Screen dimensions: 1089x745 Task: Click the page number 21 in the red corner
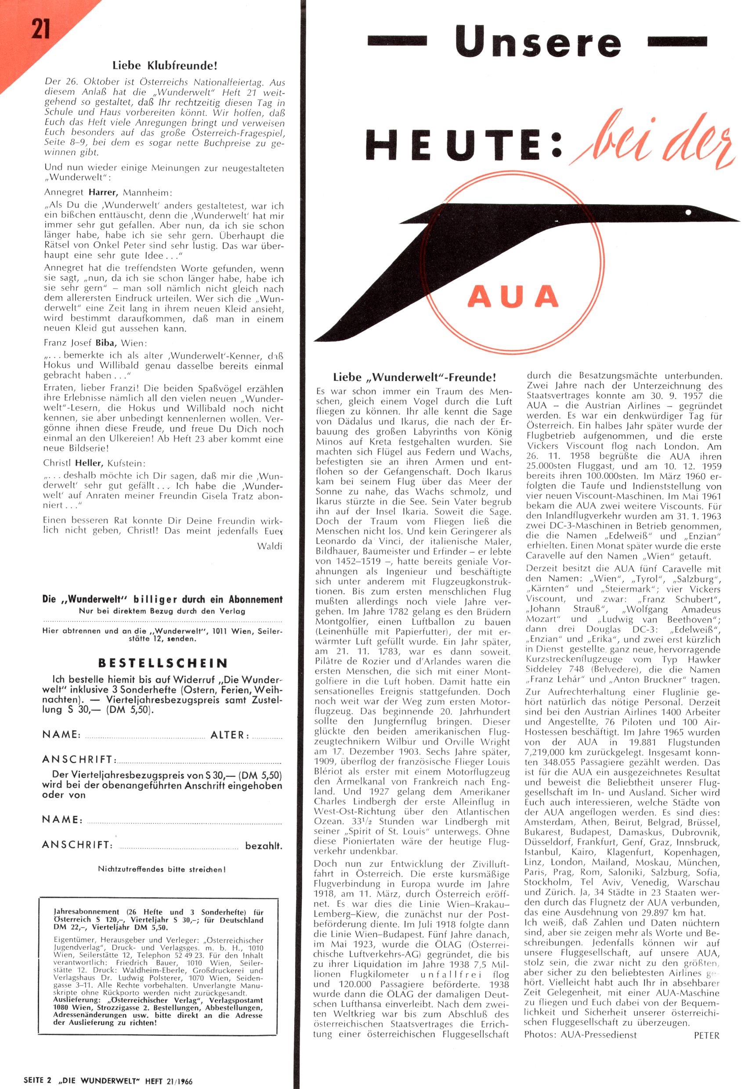[x=41, y=29]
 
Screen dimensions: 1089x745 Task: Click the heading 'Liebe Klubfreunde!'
[x=165, y=65]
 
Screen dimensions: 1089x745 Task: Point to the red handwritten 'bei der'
[x=652, y=141]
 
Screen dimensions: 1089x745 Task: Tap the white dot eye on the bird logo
[x=688, y=212]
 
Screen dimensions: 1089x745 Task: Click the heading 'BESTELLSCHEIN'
[x=163, y=663]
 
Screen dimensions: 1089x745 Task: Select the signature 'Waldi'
[x=270, y=546]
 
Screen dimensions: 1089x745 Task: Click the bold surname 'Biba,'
[x=105, y=343]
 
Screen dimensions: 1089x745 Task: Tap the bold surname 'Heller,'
[x=88, y=463]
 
